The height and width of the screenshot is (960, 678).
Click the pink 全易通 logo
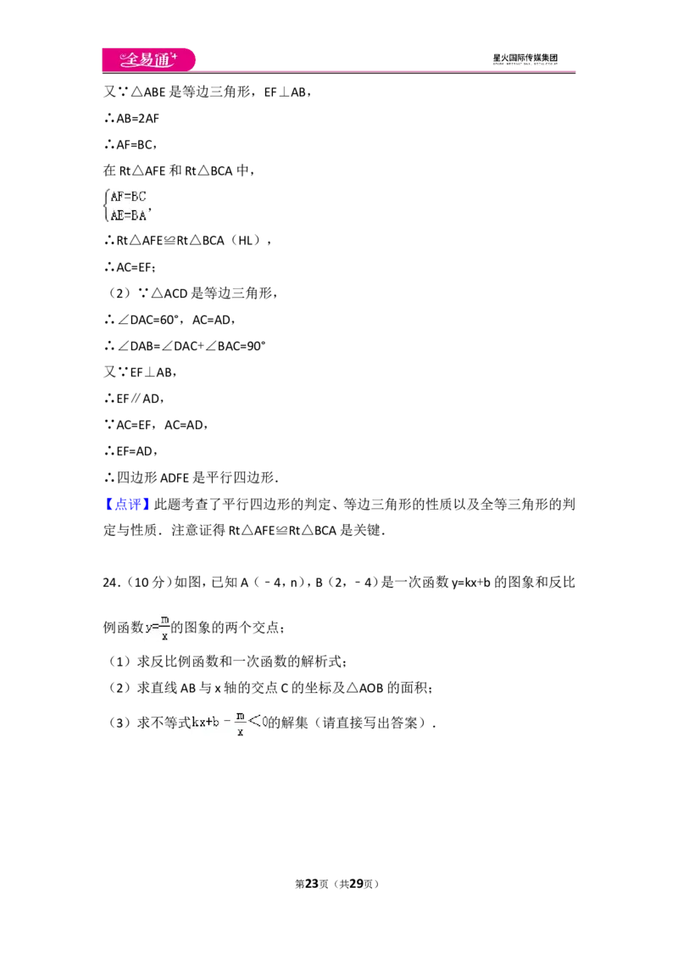(x=148, y=59)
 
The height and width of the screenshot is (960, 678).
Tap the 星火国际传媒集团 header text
(x=525, y=59)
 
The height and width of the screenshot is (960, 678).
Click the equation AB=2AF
(x=137, y=118)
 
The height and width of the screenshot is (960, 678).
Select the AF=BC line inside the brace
(x=129, y=197)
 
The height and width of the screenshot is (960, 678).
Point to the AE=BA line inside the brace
(x=129, y=215)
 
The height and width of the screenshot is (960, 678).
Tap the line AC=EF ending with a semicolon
(x=136, y=267)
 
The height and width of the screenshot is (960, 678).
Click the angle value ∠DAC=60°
(x=148, y=320)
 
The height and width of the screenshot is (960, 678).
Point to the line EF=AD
(x=137, y=451)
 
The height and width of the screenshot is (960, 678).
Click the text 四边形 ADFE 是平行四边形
(x=196, y=477)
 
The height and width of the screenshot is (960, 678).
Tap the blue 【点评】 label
(x=126, y=504)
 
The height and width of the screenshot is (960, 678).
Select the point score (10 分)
(x=149, y=583)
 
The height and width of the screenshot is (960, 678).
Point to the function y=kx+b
(x=470, y=583)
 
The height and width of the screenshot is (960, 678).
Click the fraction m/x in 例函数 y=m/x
(x=164, y=628)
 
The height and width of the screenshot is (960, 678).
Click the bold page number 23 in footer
(x=312, y=884)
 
